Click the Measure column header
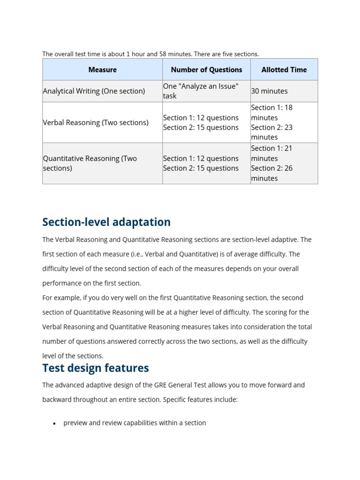coord(102,70)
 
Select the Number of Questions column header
coord(206,70)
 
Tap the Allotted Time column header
coord(284,70)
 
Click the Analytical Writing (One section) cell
coord(94,91)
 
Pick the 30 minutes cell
coord(269,91)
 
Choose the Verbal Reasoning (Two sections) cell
coord(96,122)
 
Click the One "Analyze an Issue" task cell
coord(201,91)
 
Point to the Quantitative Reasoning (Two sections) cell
coord(90,163)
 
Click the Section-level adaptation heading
coord(106,222)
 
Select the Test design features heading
coord(96,368)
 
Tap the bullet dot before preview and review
coord(54,423)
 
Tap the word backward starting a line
coord(58,399)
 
